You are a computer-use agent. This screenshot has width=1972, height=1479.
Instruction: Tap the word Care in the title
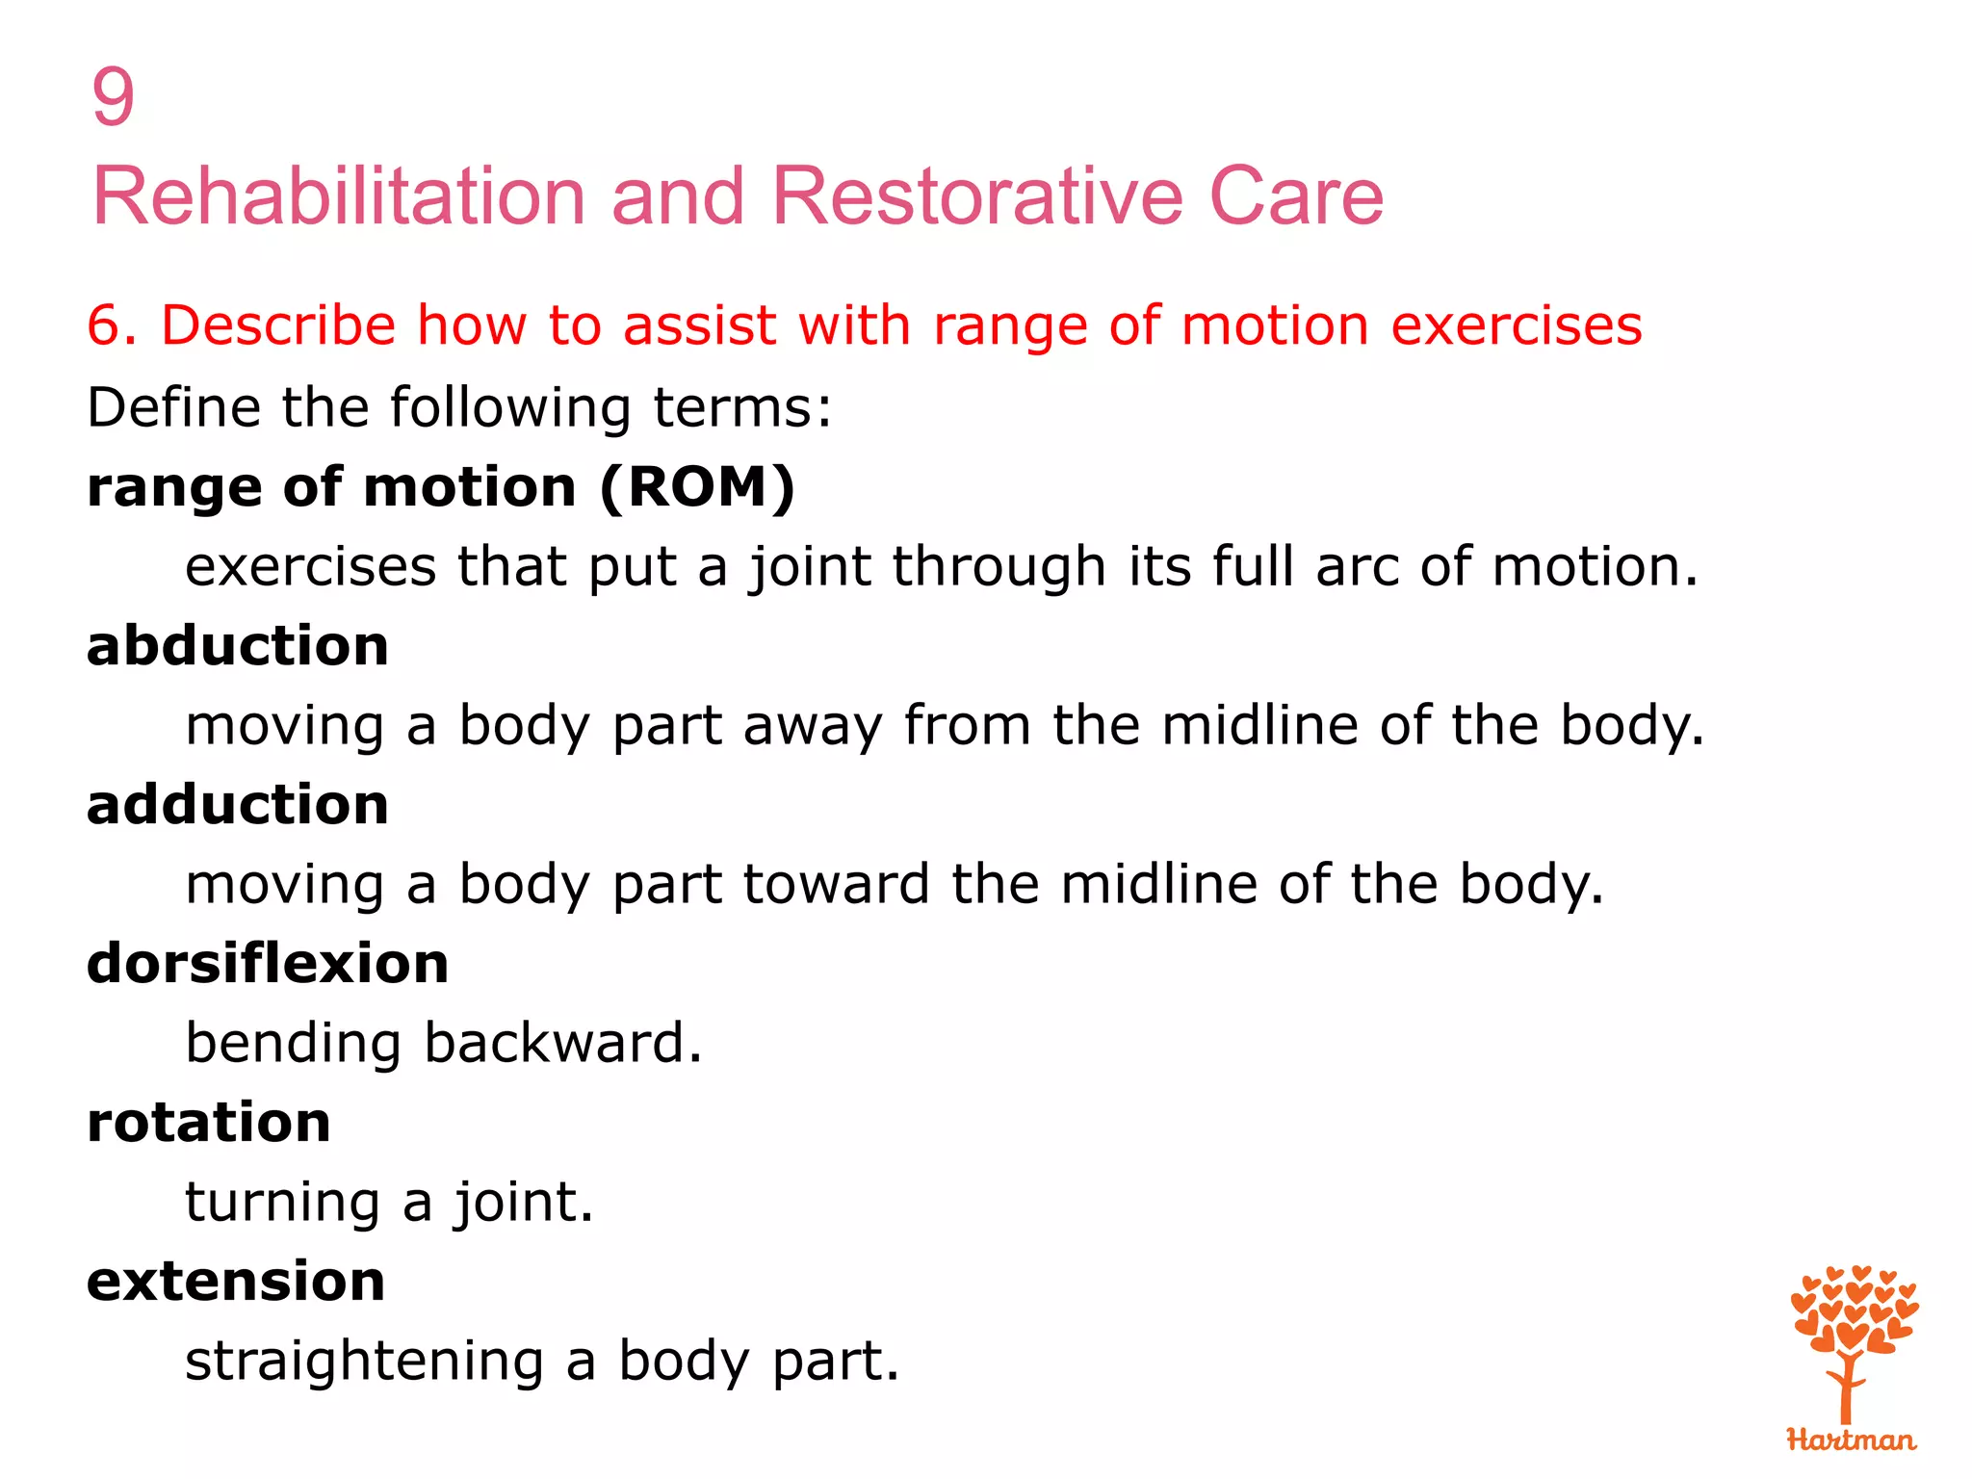coord(1295,196)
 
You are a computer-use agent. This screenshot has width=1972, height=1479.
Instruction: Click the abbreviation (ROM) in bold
coord(697,487)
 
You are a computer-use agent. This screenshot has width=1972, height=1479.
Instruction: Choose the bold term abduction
coord(238,645)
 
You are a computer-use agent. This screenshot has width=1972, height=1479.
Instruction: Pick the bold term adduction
coord(238,804)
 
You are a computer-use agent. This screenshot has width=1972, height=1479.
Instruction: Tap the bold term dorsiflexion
coord(268,963)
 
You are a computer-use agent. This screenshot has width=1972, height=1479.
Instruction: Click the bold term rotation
coord(209,1122)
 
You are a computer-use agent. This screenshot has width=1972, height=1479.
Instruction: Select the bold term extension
coord(236,1282)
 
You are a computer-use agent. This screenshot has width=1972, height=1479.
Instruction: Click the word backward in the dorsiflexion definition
coord(563,1043)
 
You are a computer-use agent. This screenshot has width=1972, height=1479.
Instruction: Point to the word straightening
coord(364,1362)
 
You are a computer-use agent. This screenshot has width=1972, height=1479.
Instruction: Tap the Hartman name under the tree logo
coord(1851,1440)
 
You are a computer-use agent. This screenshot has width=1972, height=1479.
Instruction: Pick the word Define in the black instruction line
coord(172,407)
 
